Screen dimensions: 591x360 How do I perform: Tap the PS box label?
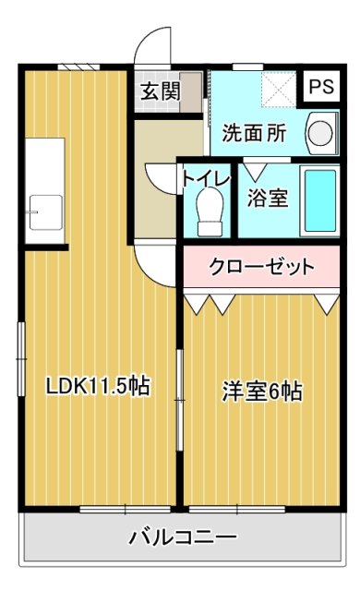click(321, 88)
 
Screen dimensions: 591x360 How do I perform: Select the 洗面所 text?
click(253, 132)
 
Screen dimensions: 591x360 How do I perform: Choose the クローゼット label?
click(262, 268)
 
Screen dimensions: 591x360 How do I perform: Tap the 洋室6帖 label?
click(261, 391)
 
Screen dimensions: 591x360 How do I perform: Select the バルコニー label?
click(183, 537)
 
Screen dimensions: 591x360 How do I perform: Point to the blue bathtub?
click(323, 200)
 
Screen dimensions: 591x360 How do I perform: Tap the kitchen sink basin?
click(45, 211)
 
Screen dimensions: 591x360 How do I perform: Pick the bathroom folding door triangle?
click(253, 171)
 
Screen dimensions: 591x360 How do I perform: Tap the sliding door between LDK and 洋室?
click(180, 397)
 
